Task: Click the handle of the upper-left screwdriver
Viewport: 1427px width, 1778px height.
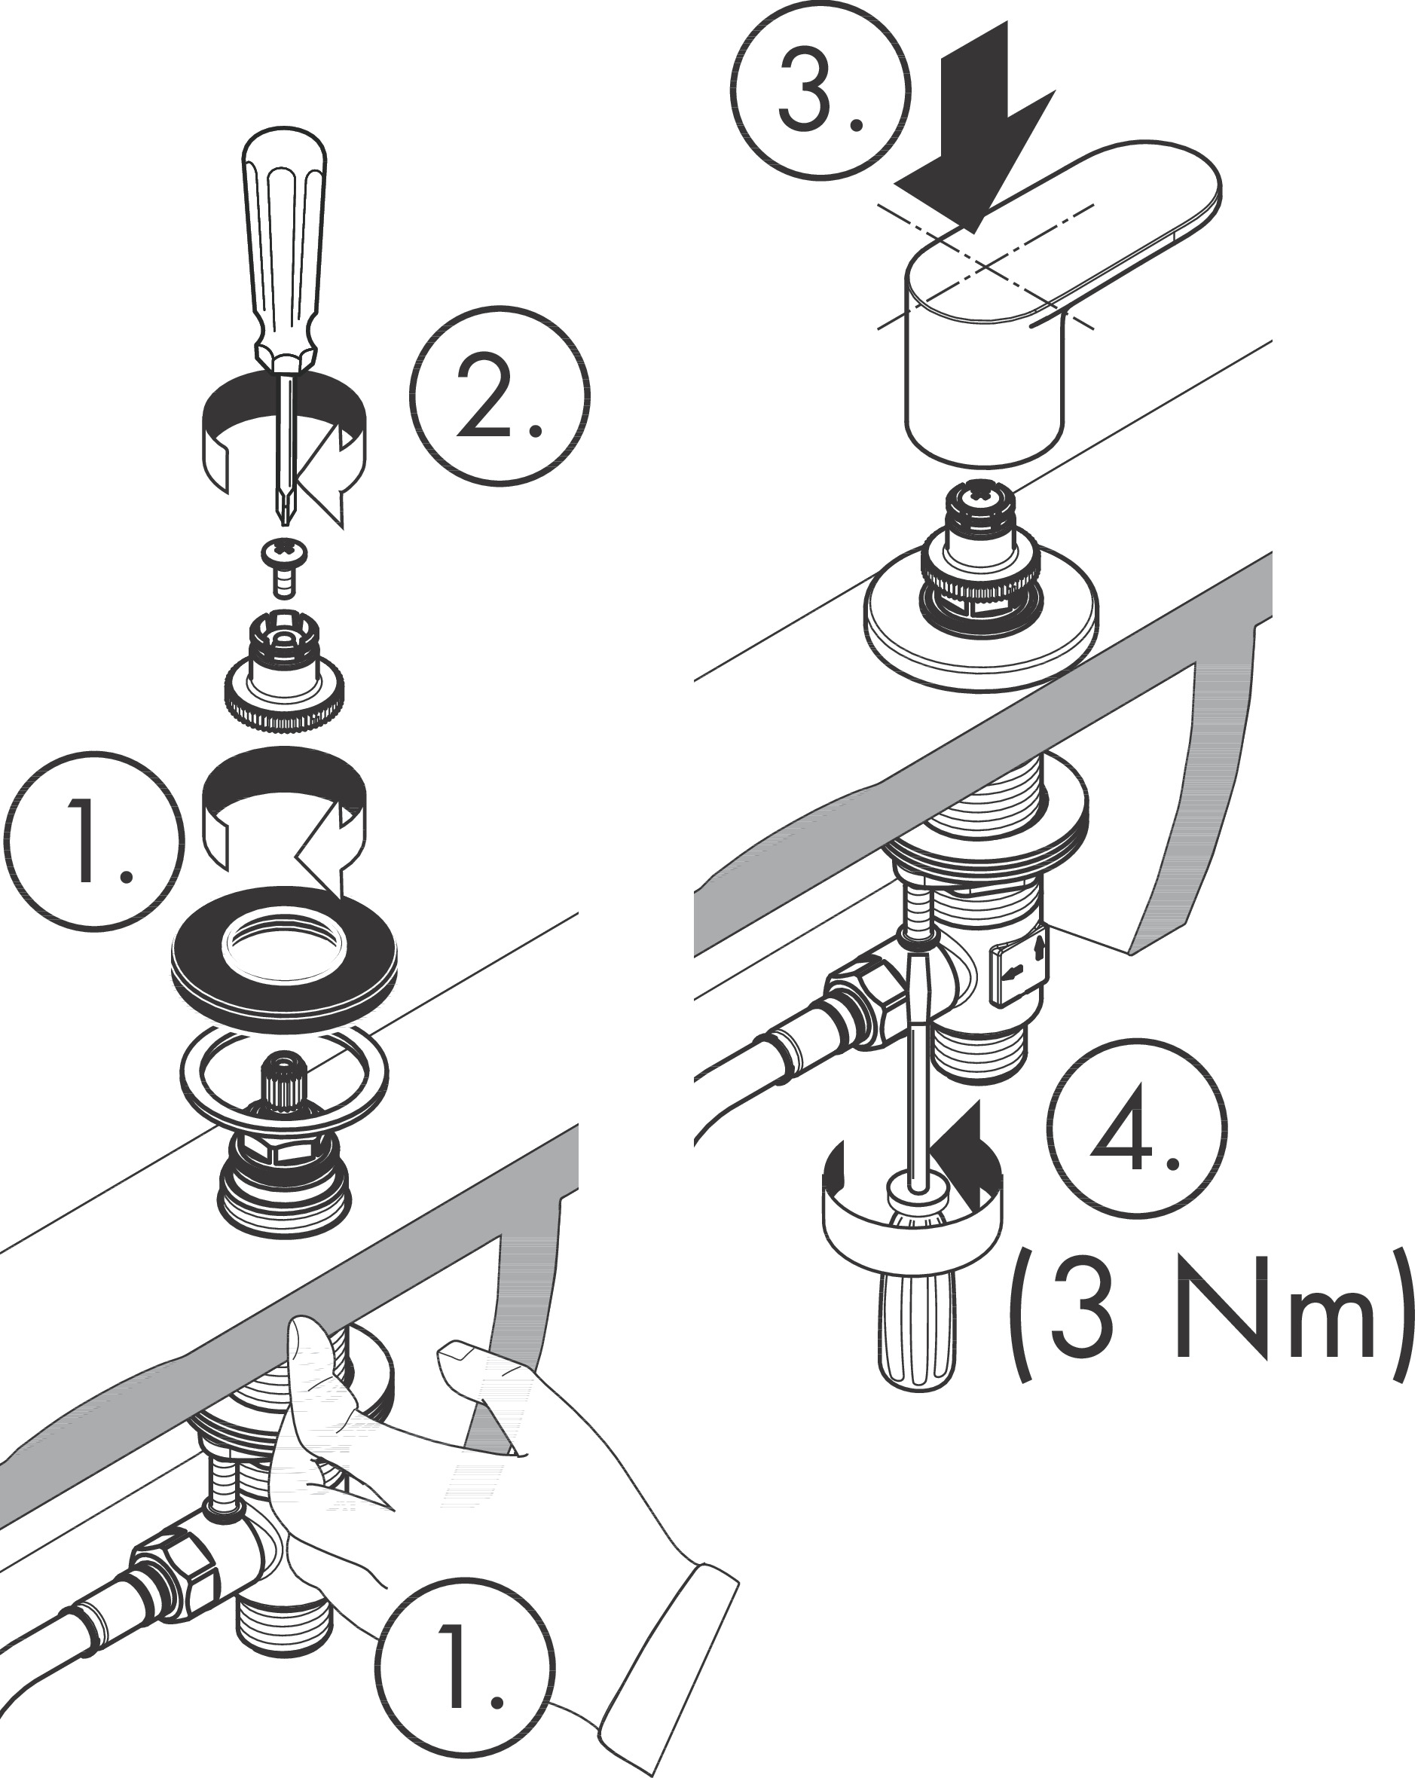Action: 284,239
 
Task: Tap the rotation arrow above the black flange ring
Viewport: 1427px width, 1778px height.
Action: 285,817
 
